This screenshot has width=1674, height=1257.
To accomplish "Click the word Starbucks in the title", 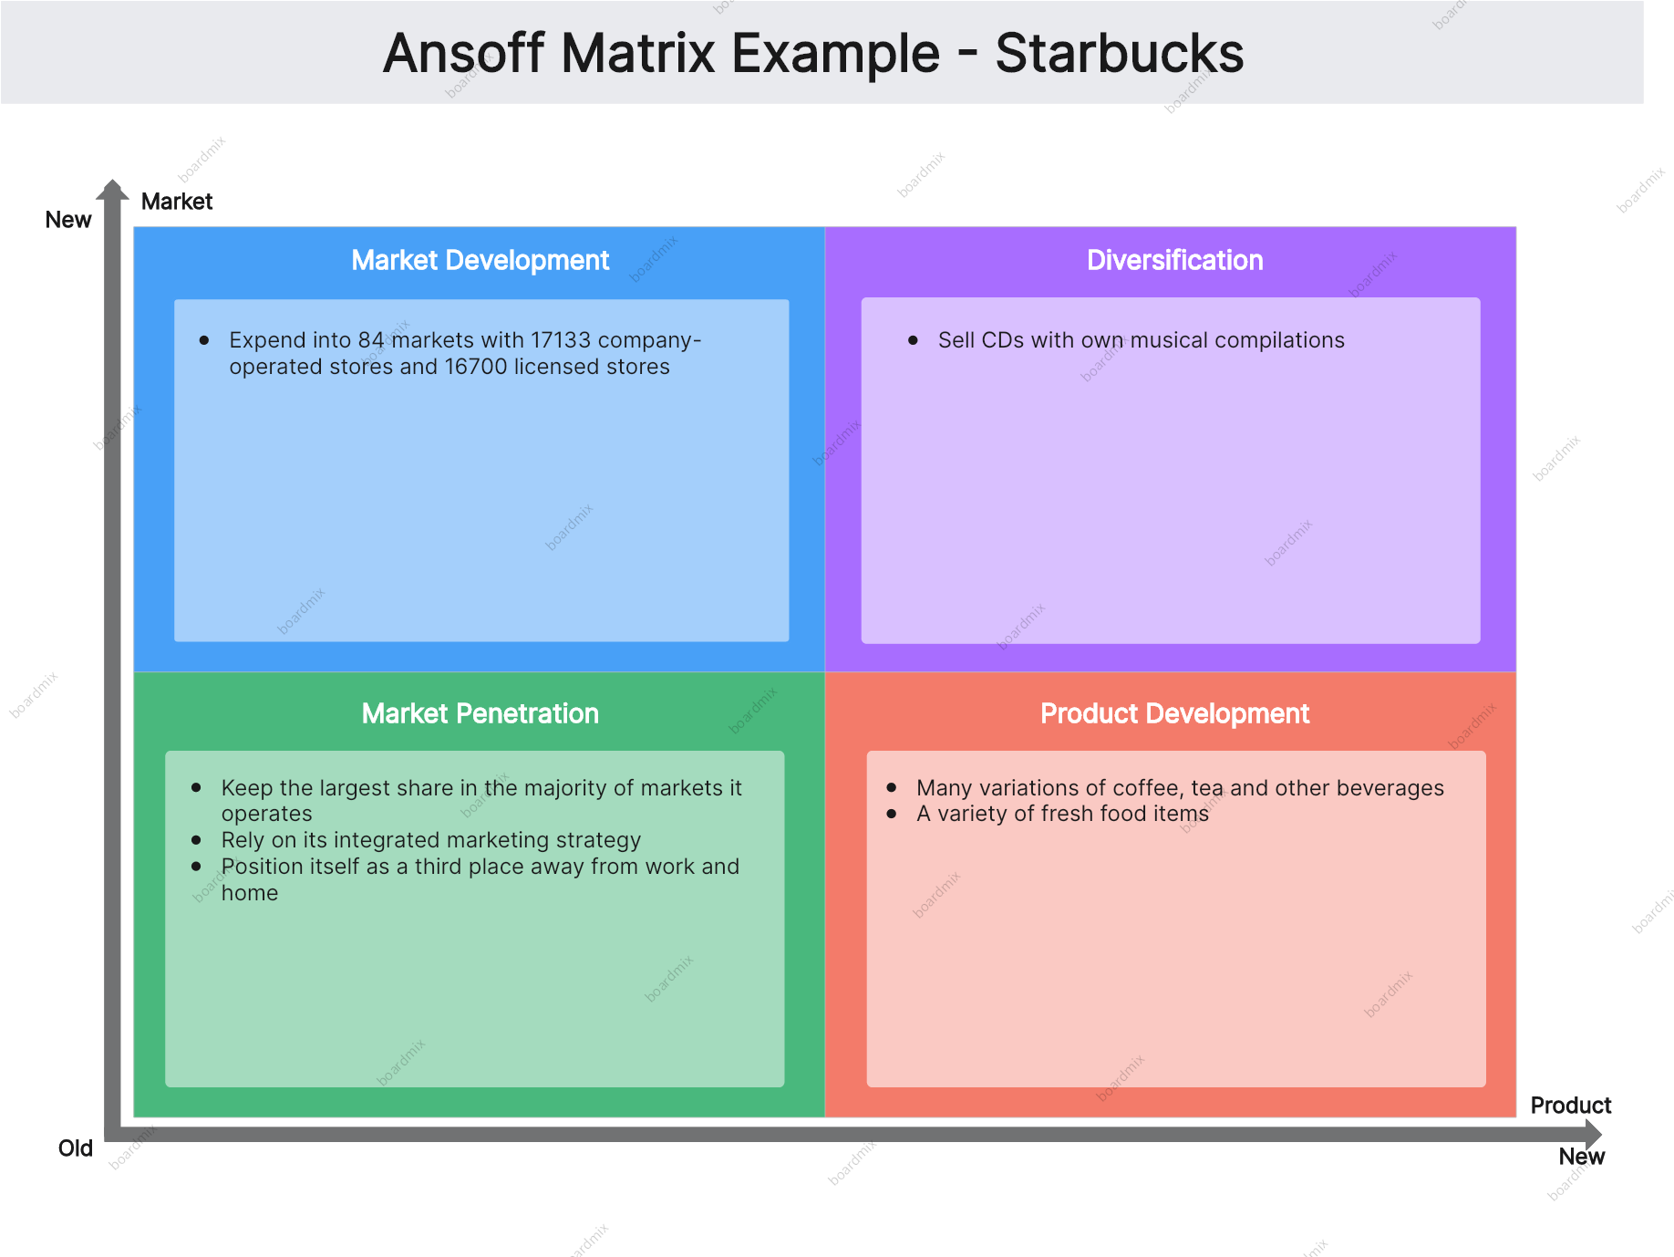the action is [x=1119, y=53].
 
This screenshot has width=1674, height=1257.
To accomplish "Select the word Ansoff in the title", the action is [x=465, y=53].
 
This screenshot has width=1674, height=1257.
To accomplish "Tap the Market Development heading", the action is [x=480, y=260].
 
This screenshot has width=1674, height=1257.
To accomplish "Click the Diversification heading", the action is [x=1174, y=260].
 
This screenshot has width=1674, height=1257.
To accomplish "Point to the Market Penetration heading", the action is [x=480, y=713].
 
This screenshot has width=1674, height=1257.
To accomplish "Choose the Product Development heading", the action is [x=1174, y=713].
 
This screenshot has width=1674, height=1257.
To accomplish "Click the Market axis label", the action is [x=177, y=202].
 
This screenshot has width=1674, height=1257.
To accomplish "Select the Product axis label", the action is [x=1570, y=1106].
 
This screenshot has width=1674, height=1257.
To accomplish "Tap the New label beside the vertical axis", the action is [x=68, y=220].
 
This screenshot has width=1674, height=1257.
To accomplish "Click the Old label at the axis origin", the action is [x=76, y=1148].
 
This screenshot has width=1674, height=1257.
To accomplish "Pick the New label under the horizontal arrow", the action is [x=1581, y=1157].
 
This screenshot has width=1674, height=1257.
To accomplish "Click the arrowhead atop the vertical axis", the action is [x=113, y=189].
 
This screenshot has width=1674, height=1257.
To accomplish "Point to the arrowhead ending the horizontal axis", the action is [x=1593, y=1135].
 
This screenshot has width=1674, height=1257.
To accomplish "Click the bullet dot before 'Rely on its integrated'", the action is [x=196, y=839].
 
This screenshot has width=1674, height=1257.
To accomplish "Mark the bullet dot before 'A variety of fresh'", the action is [x=892, y=813].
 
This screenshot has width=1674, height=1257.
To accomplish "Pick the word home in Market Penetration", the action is [x=250, y=893].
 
